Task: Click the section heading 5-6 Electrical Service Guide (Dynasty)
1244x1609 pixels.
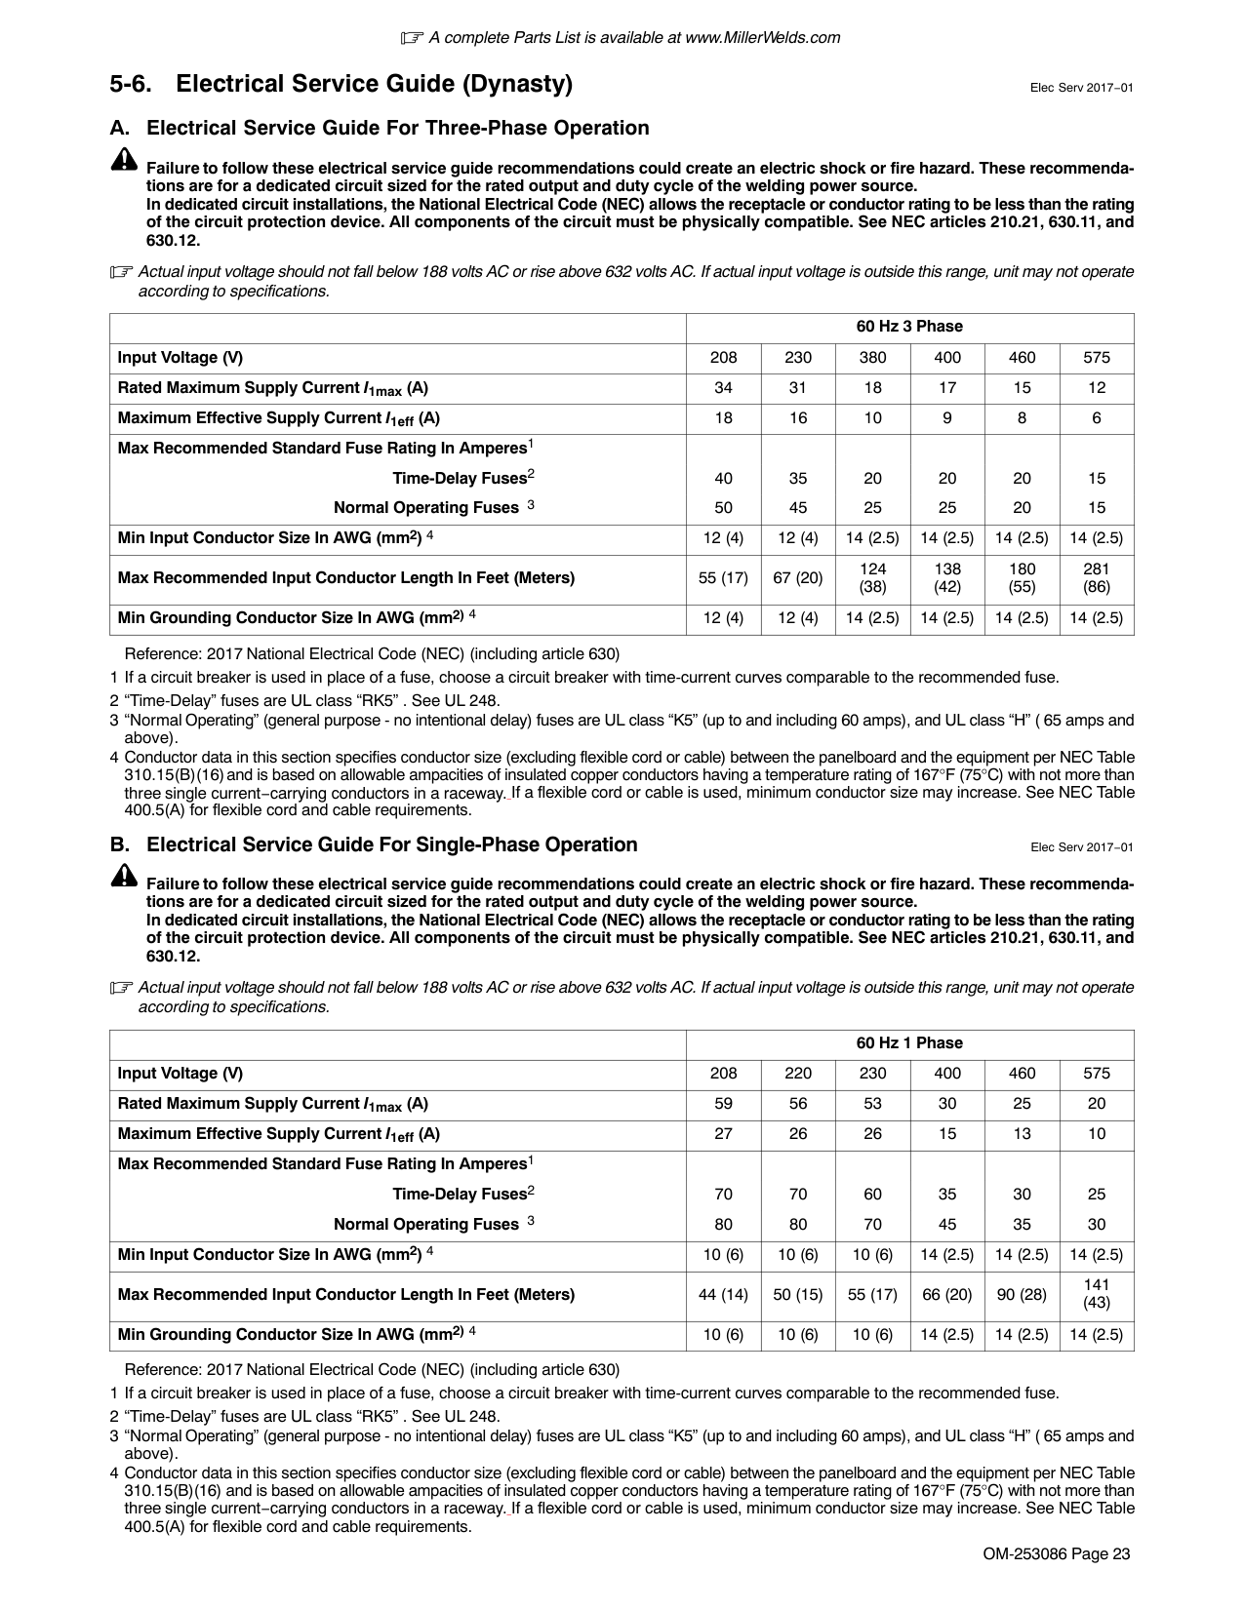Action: pyautogui.click(x=341, y=85)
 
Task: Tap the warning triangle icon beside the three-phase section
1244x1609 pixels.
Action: pyautogui.click(x=125, y=161)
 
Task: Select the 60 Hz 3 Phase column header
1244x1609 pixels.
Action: pyautogui.click(x=909, y=327)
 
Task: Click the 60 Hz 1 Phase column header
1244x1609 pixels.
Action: pyautogui.click(x=909, y=1043)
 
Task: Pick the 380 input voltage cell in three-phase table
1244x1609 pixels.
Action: pyautogui.click(x=872, y=358)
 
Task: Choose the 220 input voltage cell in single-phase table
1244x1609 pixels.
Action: pyautogui.click(x=798, y=1074)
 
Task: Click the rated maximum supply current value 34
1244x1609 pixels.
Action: pyautogui.click(x=723, y=388)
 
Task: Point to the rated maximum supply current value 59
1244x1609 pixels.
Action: pyautogui.click(x=723, y=1104)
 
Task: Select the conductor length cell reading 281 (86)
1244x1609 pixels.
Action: pyautogui.click(x=1097, y=578)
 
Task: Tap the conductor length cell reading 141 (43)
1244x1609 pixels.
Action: pyautogui.click(x=1097, y=1294)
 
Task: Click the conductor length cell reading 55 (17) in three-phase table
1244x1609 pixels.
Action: pyautogui.click(x=723, y=578)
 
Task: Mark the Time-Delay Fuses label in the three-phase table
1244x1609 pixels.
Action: pyautogui.click(x=463, y=478)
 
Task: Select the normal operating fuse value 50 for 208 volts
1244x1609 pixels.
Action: pyautogui.click(x=723, y=508)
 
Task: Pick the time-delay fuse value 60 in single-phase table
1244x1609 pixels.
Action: pyautogui.click(x=872, y=1195)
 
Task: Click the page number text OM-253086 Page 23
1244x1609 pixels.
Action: pyautogui.click(x=1057, y=1554)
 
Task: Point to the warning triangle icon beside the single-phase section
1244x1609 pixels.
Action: pyautogui.click(x=125, y=876)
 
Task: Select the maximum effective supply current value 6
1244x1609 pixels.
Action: pyautogui.click(x=1097, y=418)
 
